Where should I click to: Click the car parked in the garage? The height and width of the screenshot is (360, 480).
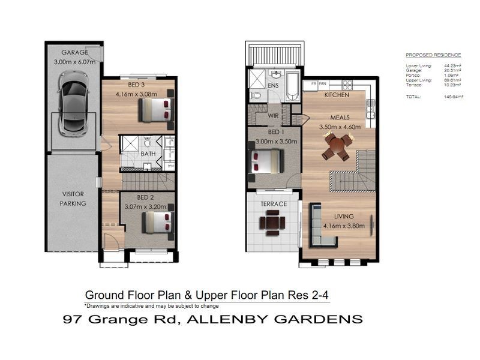tap(75, 103)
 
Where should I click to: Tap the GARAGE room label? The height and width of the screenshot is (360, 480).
tap(75, 52)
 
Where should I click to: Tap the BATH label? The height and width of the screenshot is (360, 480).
tap(148, 154)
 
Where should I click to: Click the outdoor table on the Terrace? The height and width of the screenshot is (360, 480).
tap(272, 223)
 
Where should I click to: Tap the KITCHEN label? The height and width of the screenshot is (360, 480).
tap(337, 95)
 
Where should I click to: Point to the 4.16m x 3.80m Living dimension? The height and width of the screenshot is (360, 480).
tap(340, 226)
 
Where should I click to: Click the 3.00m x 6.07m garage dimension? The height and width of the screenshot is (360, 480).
tap(75, 61)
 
